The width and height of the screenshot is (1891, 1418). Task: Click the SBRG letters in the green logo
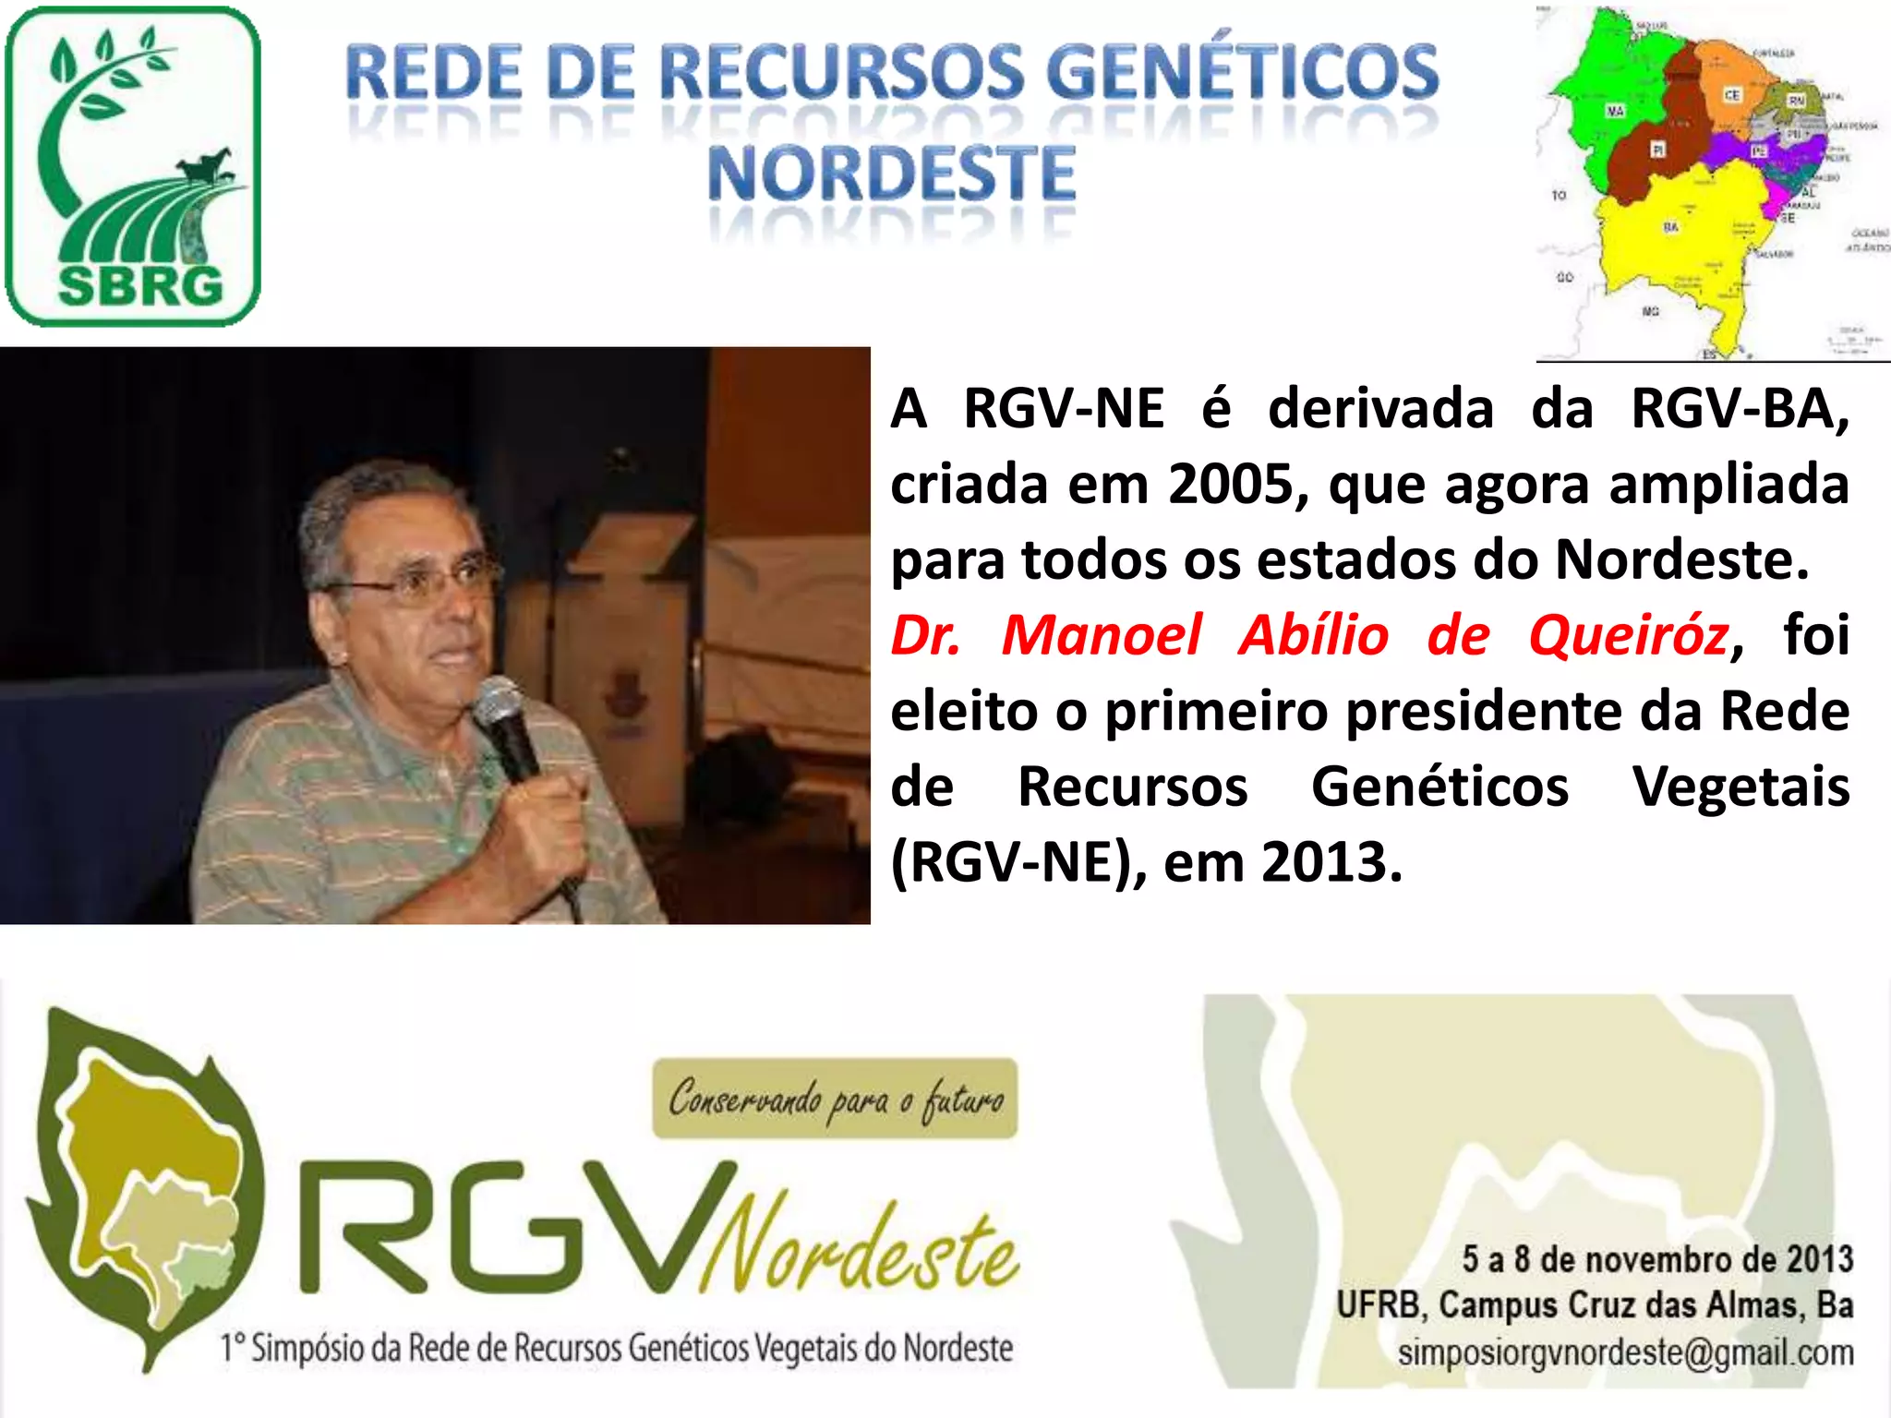click(x=140, y=286)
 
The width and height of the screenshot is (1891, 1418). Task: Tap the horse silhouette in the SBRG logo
click(x=206, y=167)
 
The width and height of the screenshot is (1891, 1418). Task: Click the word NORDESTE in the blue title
click(x=891, y=174)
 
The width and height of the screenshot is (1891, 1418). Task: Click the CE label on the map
click(x=1732, y=95)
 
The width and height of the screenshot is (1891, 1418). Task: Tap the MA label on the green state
click(x=1615, y=111)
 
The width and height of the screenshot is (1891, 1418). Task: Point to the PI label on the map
click(x=1658, y=150)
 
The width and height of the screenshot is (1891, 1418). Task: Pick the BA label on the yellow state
click(x=1671, y=227)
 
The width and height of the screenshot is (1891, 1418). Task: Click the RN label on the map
click(x=1797, y=100)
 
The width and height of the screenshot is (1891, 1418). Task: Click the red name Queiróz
click(x=1628, y=636)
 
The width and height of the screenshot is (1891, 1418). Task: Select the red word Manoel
click(x=1102, y=636)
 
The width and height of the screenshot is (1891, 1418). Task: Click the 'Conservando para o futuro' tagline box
click(x=835, y=1099)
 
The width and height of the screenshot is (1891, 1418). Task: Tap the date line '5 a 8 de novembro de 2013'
click(x=1657, y=1259)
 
